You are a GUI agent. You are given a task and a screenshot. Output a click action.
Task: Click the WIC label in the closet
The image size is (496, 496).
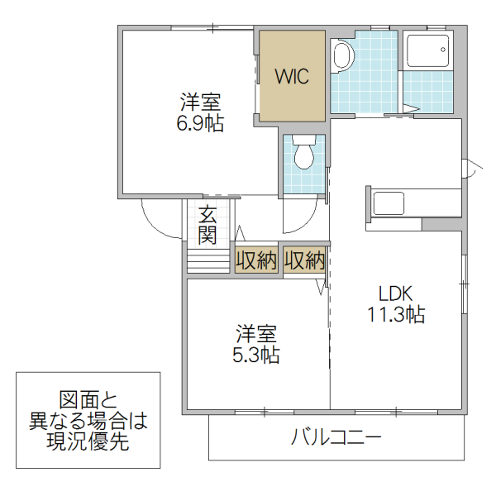(292, 77)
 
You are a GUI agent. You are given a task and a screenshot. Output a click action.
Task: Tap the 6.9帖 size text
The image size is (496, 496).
(201, 123)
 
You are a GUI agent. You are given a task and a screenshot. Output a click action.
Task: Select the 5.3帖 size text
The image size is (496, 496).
(255, 355)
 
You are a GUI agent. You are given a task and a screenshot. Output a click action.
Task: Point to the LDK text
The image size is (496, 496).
(395, 293)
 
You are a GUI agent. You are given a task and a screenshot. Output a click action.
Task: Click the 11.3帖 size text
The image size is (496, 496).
(396, 314)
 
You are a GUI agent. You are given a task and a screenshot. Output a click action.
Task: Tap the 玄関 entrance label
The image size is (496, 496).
(207, 225)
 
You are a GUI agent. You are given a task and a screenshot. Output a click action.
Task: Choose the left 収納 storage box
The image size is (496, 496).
(255, 260)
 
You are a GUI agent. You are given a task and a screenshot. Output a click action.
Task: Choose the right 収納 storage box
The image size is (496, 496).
(304, 260)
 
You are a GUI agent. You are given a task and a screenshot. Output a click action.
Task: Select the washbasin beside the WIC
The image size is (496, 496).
(341, 56)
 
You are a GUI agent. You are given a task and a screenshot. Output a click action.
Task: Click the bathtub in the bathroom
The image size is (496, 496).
(428, 53)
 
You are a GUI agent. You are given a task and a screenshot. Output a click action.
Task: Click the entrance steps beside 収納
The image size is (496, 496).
(207, 260)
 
